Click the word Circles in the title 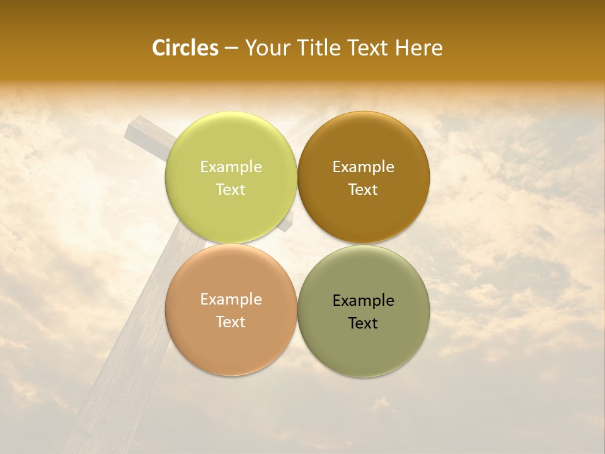tap(185, 48)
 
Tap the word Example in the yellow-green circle tap(231, 167)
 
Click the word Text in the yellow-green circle tap(231, 190)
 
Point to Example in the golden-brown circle tap(363, 167)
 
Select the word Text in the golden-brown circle tap(363, 190)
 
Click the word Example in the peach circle tap(231, 300)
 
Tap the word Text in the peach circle tap(231, 322)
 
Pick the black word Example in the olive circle tap(363, 301)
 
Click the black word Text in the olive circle tap(363, 323)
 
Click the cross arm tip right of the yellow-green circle tap(289, 223)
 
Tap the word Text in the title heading tap(369, 48)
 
